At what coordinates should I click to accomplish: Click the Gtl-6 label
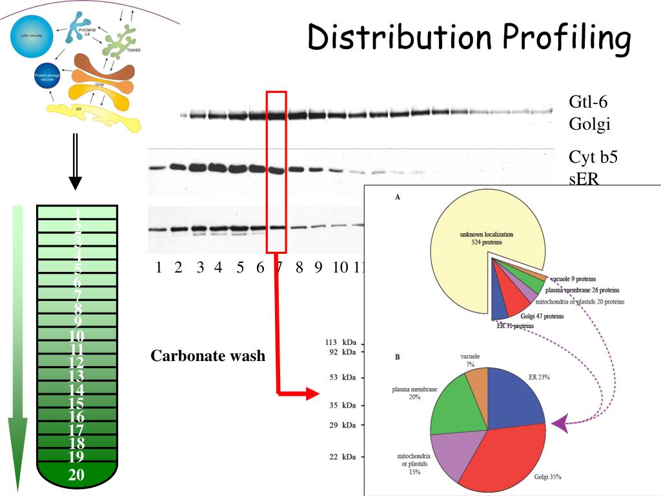588,102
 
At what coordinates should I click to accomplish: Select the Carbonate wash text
208,356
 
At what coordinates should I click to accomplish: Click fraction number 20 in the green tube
77,476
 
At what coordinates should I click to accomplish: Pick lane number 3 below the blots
200,269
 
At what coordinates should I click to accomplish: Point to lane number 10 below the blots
340,269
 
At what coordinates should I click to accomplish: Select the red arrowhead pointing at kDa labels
312,393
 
